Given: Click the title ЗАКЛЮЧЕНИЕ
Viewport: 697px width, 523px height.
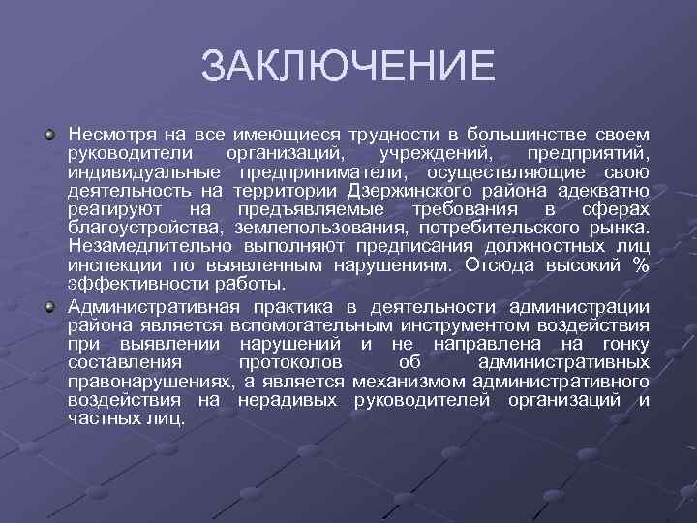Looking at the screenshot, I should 348,67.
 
